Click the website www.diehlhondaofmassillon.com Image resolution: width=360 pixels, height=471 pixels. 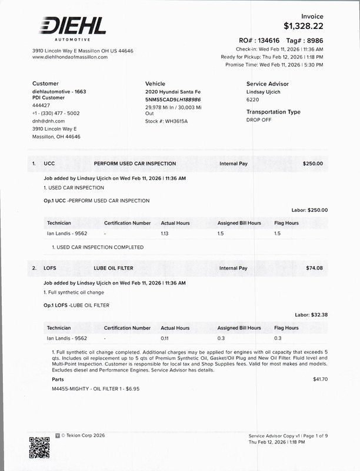tap(70, 57)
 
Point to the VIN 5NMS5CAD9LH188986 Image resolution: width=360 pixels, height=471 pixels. tap(173, 100)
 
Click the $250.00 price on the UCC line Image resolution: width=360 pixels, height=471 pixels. tap(312, 163)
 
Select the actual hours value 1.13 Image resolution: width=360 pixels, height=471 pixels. tap(165, 234)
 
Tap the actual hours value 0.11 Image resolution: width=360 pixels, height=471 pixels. tap(165, 339)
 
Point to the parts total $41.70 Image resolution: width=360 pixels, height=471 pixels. tap(321, 379)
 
